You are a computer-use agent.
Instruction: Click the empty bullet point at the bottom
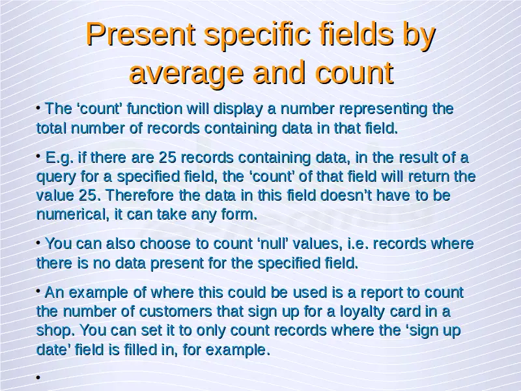pos(38,377)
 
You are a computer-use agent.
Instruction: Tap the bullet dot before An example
pos(38,291)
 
